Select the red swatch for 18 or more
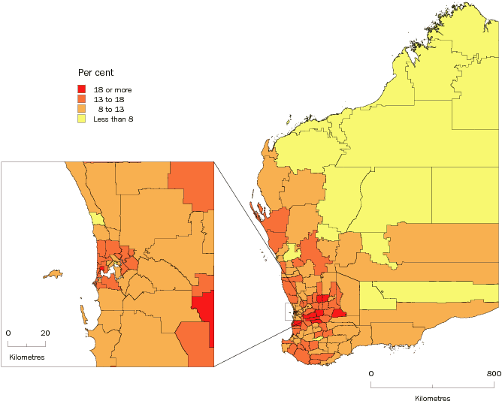click(83, 90)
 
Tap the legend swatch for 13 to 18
click(83, 100)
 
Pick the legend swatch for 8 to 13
click(83, 110)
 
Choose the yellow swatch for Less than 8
click(83, 119)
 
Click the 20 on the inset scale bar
click(44, 333)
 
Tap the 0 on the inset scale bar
click(8, 333)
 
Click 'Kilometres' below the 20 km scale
click(26, 357)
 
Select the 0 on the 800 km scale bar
click(370, 373)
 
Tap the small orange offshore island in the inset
click(53, 273)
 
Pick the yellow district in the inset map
click(95, 219)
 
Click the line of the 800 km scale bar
click(432, 387)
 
